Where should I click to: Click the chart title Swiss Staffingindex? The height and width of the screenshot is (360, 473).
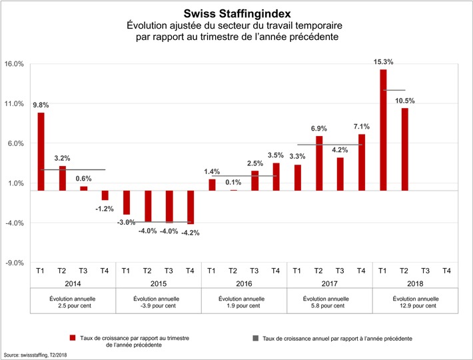coord(236,13)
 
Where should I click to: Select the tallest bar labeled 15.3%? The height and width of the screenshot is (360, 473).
coord(382,130)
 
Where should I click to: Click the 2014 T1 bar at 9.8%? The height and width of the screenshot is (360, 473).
coord(41,151)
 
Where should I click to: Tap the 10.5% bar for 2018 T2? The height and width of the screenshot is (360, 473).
coord(404,149)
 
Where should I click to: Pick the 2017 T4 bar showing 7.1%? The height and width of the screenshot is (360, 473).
coord(362,162)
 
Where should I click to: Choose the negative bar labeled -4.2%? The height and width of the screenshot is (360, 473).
coord(191,207)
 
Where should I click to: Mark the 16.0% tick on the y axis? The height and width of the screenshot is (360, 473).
coord(14,64)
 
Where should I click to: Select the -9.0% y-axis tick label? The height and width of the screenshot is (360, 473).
coord(14,263)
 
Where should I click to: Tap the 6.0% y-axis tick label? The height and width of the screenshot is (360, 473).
coord(15,143)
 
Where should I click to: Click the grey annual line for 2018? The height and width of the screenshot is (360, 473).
coord(393,90)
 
